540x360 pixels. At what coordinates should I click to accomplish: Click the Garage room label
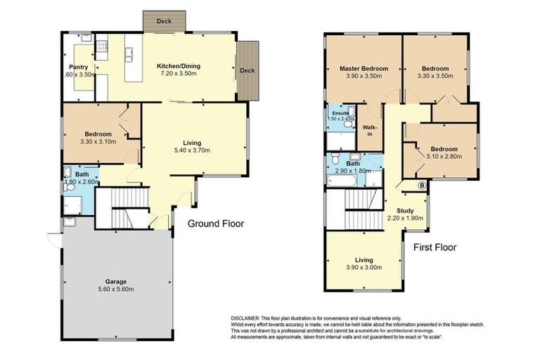pos(116,281)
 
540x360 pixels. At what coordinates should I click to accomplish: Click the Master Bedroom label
pos(364,69)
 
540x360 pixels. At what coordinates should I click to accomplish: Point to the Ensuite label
pos(340,112)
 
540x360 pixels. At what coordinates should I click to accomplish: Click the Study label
pos(404,210)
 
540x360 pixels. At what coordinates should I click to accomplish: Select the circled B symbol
pos(422,186)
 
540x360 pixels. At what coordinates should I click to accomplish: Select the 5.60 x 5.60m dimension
pos(116,289)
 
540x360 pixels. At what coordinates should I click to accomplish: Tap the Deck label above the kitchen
pos(164,22)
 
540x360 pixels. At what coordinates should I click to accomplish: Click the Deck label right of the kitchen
pos(247,70)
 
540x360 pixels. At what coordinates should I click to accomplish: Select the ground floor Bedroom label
pos(98,134)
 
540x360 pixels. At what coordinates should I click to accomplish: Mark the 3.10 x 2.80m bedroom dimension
pos(444,157)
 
